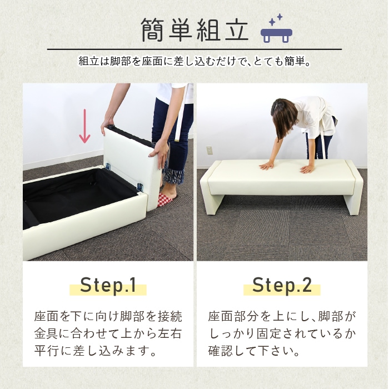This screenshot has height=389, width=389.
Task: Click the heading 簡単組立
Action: (194, 30)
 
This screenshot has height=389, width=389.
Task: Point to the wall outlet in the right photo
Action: (210, 150)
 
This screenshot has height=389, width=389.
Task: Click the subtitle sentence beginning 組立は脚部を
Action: (194, 61)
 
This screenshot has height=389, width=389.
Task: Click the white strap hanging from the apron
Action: (181, 119)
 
